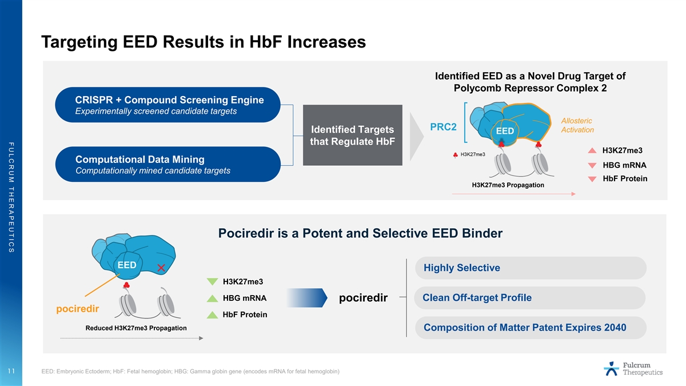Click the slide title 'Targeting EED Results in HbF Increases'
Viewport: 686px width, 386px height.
[204, 42]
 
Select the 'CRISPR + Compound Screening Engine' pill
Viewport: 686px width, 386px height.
[168, 105]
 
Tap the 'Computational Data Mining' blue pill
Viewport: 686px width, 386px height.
[168, 164]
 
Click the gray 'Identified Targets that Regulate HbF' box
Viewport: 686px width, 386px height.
[353, 135]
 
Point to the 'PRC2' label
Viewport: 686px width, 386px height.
[443, 127]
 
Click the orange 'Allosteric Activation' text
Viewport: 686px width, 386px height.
[577, 125]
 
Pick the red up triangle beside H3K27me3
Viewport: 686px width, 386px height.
[592, 150]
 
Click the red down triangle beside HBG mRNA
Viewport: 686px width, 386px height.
[592, 165]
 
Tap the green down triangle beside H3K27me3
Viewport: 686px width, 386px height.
[212, 281]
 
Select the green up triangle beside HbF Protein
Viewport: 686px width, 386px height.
[212, 315]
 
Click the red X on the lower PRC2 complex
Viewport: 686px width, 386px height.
[161, 268]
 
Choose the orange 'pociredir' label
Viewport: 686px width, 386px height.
[78, 309]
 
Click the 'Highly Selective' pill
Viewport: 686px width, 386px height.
[531, 268]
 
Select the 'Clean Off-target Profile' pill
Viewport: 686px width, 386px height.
[530, 298]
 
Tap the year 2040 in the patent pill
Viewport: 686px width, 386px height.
[615, 328]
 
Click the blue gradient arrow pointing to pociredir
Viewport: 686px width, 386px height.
[307, 298]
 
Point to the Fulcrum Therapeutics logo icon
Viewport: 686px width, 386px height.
[612, 368]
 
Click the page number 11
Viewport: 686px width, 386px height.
[11, 371]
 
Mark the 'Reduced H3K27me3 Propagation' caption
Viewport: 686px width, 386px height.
[136, 328]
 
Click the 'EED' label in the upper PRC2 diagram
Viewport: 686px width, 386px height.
[505, 131]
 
